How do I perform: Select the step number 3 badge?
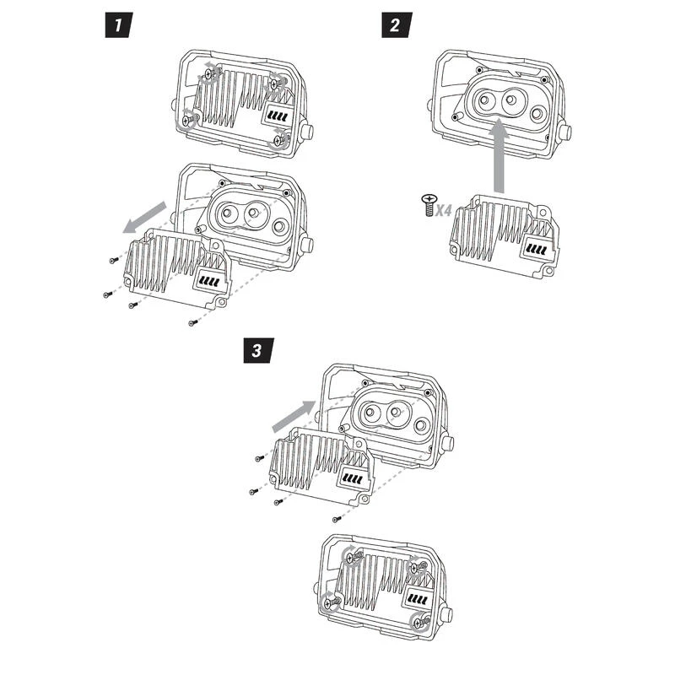256,349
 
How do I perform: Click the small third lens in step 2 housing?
537,110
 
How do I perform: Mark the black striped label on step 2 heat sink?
536,250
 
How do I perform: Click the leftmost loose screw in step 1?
112,261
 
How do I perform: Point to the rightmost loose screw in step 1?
193,321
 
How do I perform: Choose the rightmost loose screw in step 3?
337,518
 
